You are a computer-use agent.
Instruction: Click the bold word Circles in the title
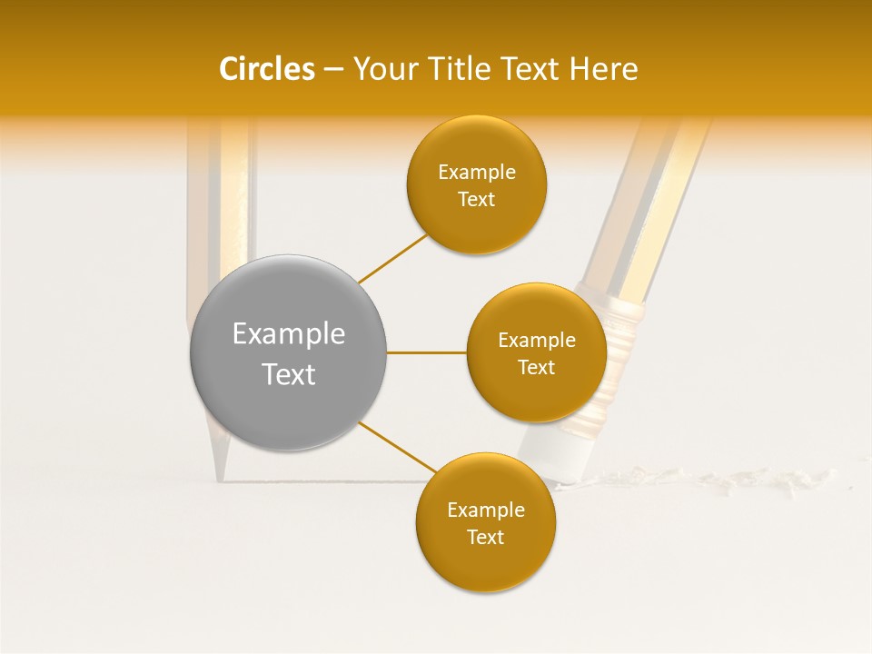[266, 69]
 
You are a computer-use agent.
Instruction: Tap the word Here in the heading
[603, 69]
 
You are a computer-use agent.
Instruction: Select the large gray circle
[288, 352]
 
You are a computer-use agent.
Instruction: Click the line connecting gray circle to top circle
[392, 257]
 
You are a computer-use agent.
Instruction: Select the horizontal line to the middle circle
[426, 352]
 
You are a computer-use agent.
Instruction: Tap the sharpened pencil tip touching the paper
[221, 467]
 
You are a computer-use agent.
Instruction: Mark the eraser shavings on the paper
[708, 480]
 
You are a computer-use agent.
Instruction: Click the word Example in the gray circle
[288, 334]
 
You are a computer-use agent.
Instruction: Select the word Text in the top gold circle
[476, 200]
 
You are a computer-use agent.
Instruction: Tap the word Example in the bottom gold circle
[485, 510]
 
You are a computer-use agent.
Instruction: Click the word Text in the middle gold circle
[536, 368]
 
